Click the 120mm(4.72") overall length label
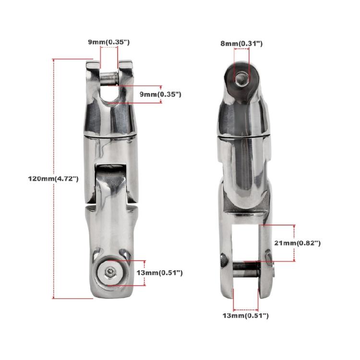pyautogui.click(x=53, y=178)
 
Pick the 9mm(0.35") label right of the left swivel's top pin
pyautogui.click(x=160, y=95)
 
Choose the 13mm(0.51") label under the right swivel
pyautogui.click(x=246, y=315)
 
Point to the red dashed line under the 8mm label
pyautogui.click(x=241, y=54)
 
